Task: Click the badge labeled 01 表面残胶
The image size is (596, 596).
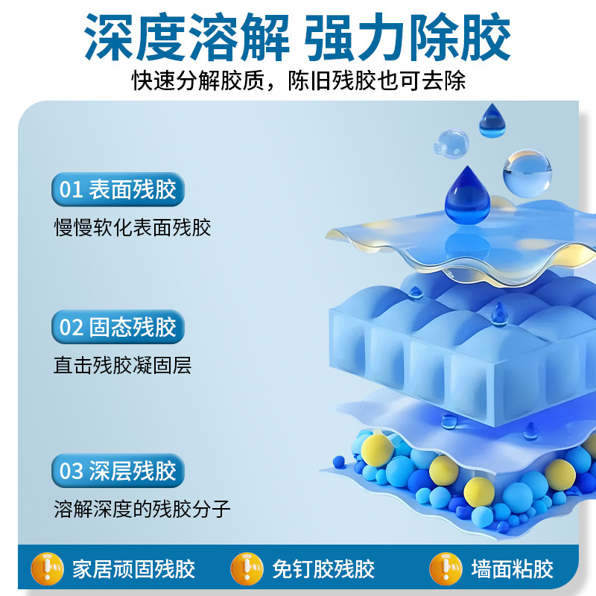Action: (118, 189)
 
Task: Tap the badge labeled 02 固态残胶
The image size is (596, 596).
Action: (118, 327)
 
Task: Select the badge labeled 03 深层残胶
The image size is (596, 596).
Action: (118, 471)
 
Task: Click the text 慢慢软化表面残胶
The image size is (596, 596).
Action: (133, 228)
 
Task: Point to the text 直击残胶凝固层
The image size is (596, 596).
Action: (122, 365)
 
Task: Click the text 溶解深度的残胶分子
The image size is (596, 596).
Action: (142, 509)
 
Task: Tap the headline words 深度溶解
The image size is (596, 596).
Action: (187, 37)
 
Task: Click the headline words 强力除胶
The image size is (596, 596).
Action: (408, 37)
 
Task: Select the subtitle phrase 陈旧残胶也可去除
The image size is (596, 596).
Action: (377, 80)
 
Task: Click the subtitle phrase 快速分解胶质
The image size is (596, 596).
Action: (198, 80)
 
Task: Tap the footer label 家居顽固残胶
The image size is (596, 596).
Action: (134, 569)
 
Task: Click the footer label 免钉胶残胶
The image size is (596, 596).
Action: (323, 569)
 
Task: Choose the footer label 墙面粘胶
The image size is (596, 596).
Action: (513, 569)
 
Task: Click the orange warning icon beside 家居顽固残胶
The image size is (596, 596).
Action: (47, 569)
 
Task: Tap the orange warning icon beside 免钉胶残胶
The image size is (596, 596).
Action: (247, 569)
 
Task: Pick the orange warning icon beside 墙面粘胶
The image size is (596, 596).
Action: (446, 569)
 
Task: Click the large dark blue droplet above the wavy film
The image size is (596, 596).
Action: (468, 196)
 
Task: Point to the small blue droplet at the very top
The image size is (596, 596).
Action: (492, 121)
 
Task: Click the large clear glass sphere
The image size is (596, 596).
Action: (527, 174)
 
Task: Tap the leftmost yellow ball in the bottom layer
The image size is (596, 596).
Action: (377, 451)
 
